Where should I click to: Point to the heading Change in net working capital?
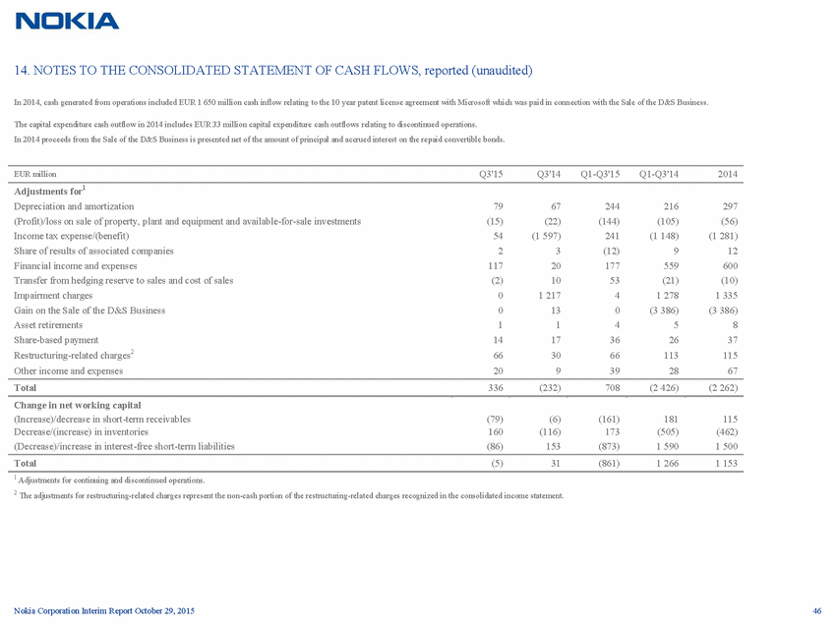point(77,405)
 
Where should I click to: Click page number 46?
point(815,612)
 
